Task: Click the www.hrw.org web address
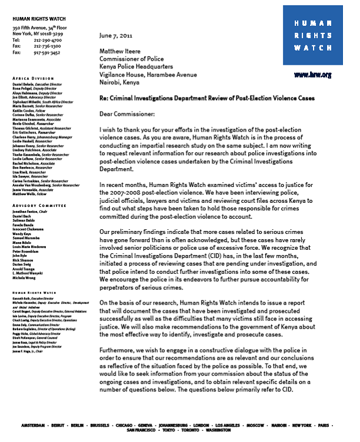(x=312, y=75)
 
